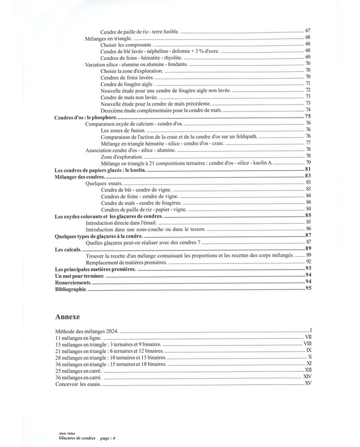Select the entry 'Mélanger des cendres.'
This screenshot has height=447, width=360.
79,176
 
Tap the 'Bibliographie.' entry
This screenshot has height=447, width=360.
71,289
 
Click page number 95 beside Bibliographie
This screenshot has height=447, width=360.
309,289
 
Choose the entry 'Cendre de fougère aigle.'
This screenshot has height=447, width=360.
128,84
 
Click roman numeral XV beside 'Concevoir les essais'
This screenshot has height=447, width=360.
308,383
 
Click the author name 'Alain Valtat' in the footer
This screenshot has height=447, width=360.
67,434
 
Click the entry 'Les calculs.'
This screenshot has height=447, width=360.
68,249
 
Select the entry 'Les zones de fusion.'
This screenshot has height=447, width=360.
124,131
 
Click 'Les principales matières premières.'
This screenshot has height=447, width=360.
96,269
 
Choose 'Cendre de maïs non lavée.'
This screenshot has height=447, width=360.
130,97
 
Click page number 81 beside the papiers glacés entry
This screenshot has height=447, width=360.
309,170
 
